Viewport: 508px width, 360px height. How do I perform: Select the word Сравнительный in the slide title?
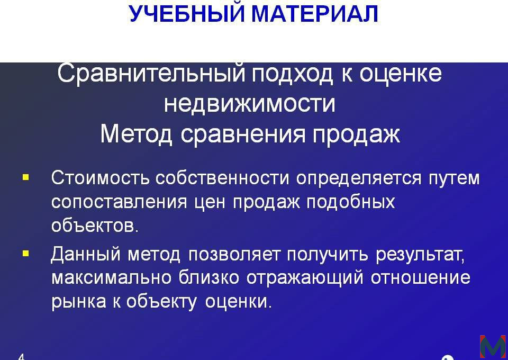pyautogui.click(x=151, y=73)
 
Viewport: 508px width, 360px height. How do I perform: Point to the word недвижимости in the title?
pyautogui.click(x=249, y=103)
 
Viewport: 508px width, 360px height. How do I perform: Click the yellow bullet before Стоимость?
pyautogui.click(x=26, y=177)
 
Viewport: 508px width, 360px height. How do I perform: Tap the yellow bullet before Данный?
pyautogui.click(x=26, y=254)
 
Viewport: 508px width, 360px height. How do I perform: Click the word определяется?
pyautogui.click(x=359, y=179)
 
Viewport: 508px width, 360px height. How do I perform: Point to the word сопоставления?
pyautogui.click(x=119, y=202)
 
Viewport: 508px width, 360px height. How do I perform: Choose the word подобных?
pyautogui.click(x=350, y=202)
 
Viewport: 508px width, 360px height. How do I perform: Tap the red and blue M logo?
pyautogui.click(x=493, y=346)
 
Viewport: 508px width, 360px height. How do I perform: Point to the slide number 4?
pyautogui.click(x=21, y=357)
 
